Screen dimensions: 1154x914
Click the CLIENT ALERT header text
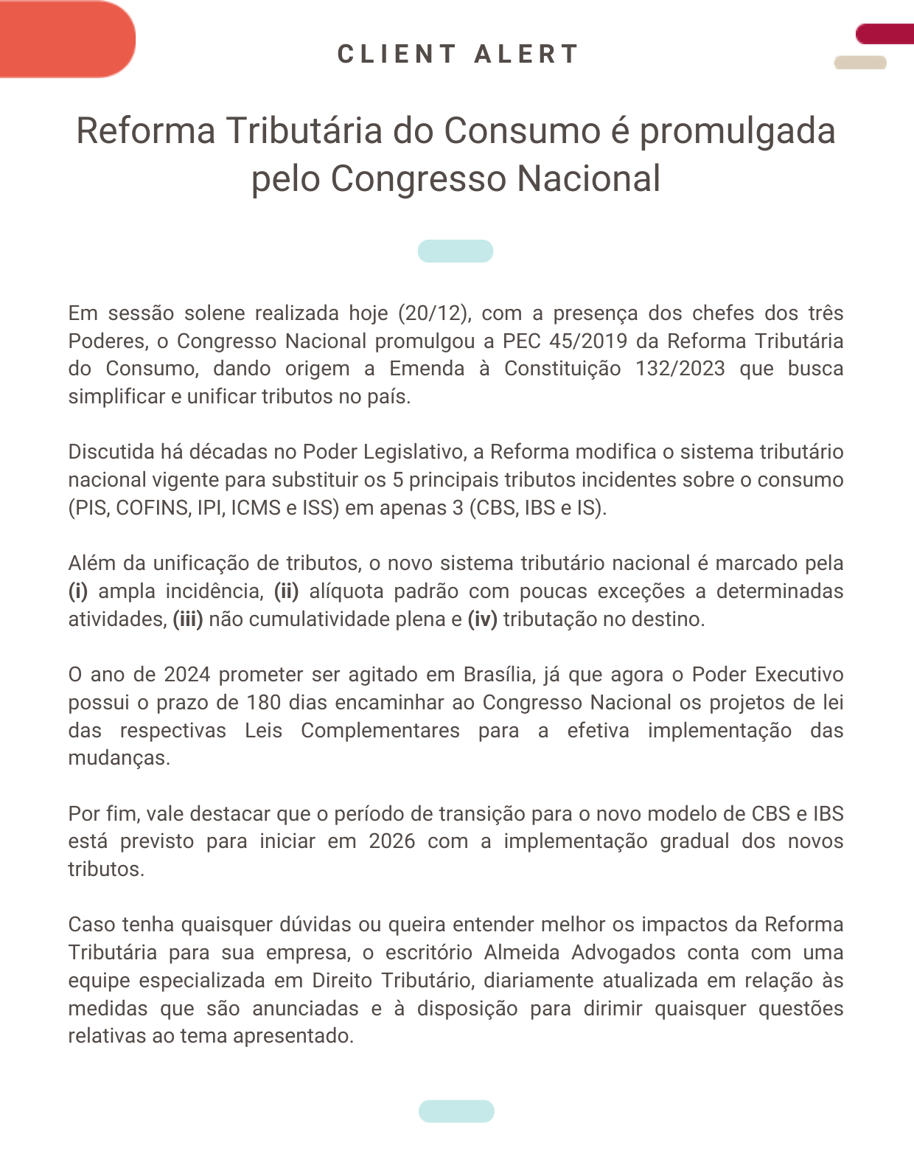pos(458,54)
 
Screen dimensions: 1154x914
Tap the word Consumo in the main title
pos(523,131)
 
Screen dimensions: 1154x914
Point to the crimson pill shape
pos(885,34)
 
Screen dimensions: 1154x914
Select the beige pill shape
pos(859,63)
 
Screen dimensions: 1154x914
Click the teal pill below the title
pos(456,251)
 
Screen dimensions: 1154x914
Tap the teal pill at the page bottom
pos(456,1111)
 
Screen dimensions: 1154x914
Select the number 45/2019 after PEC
pos(588,341)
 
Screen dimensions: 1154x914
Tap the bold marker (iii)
pos(188,619)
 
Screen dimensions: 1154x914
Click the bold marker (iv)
pos(483,619)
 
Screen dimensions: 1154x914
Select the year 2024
pos(187,675)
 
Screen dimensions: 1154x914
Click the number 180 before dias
pos(264,703)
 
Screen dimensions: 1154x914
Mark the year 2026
pos(392,841)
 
